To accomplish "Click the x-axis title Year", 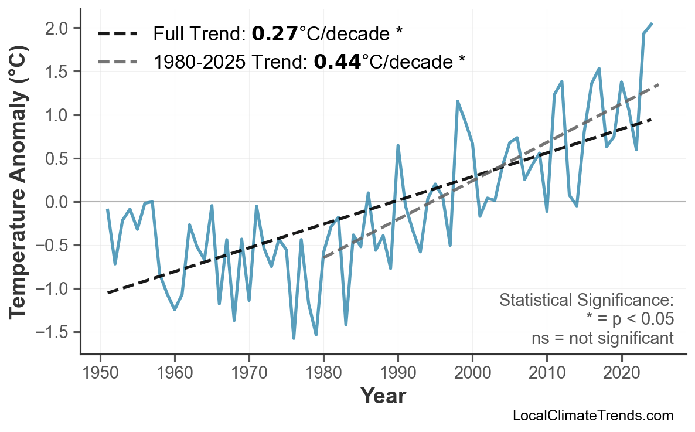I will click(x=383, y=396).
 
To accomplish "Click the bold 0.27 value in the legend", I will click(x=275, y=34).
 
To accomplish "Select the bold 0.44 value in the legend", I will click(x=337, y=62).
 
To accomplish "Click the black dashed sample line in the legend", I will click(x=118, y=34).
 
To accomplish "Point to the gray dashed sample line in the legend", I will click(x=118, y=62).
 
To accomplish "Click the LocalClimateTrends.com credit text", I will click(x=592, y=416).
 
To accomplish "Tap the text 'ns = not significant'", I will click(x=602, y=338).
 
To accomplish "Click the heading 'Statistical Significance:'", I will click(x=586, y=301).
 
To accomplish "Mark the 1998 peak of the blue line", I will click(x=458, y=101).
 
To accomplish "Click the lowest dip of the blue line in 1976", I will click(x=294, y=338).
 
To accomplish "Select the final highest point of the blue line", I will click(x=652, y=23).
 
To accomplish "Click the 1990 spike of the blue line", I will click(x=398, y=145).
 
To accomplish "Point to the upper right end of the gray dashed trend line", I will click(x=659, y=85).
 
